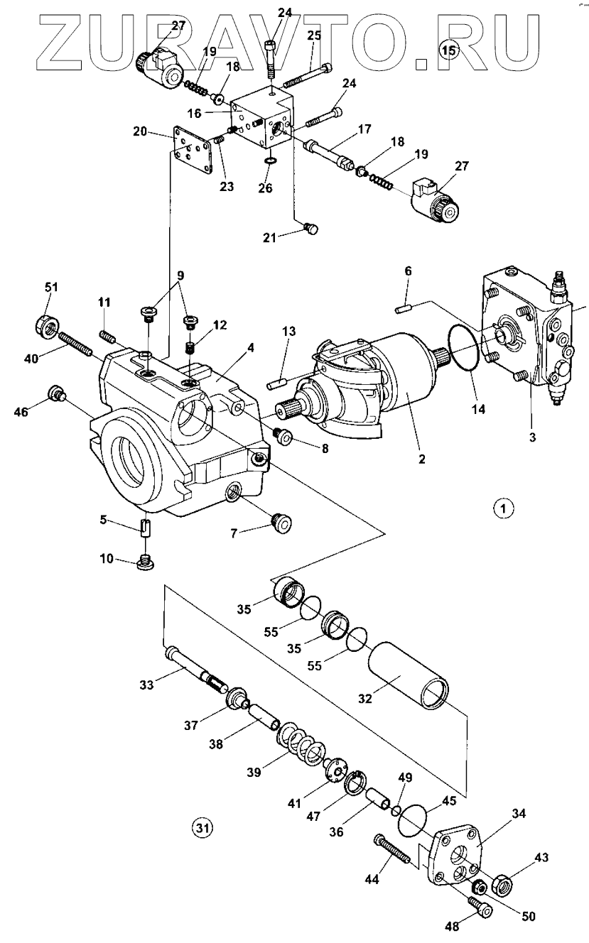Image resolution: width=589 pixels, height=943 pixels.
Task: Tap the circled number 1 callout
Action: (x=503, y=508)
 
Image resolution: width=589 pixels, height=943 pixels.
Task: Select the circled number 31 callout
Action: (x=202, y=827)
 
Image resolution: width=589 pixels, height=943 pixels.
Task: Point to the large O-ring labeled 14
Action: (x=465, y=347)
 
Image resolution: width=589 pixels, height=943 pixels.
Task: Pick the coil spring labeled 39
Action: (x=301, y=741)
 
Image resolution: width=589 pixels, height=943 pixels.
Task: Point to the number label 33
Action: (x=146, y=685)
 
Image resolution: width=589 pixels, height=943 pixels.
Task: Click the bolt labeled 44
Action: (x=393, y=851)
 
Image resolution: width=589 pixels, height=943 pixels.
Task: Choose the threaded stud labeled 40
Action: (x=75, y=344)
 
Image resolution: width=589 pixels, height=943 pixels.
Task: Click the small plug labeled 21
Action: (x=311, y=228)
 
